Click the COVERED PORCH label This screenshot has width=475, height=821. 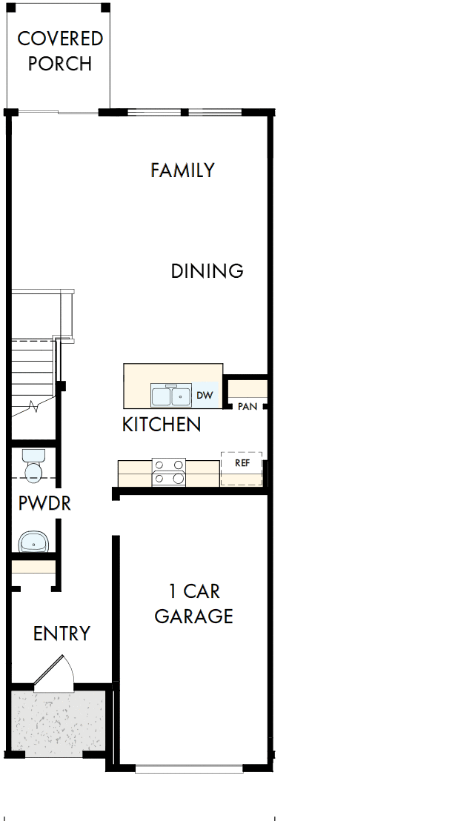click(x=60, y=51)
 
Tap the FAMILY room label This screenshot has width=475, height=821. click(x=182, y=170)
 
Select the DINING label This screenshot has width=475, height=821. click(x=207, y=271)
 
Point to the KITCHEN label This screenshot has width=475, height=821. click(x=161, y=425)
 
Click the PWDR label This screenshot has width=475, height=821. click(x=44, y=504)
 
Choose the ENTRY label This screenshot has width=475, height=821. click(x=62, y=634)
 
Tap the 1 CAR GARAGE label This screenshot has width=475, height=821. click(x=193, y=604)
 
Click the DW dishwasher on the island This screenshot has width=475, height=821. click(x=205, y=396)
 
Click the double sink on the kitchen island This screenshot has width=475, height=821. click(x=171, y=396)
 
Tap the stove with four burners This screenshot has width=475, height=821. click(x=168, y=472)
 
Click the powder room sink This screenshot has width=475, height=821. click(x=34, y=542)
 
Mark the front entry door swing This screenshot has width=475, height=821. click(x=56, y=674)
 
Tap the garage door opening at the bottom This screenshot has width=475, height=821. click(x=189, y=769)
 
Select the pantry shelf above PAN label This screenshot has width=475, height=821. click(x=247, y=388)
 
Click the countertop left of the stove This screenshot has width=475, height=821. click(x=134, y=473)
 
